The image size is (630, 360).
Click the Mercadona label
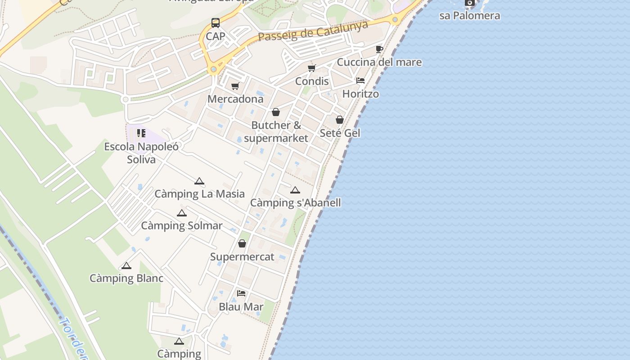click(235, 99)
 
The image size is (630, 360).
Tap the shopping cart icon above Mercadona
click(235, 85)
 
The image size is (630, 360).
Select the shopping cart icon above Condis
click(311, 68)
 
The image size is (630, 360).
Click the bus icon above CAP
click(216, 22)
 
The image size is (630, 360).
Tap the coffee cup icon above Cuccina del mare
click(379, 49)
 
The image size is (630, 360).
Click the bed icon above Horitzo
click(360, 81)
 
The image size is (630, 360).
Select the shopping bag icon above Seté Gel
click(340, 120)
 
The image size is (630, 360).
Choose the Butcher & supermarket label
click(276, 131)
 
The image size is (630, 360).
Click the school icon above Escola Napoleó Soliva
click(141, 133)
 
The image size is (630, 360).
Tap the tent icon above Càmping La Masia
click(199, 181)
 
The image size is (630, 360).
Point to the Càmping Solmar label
click(182, 225)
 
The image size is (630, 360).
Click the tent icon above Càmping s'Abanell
click(295, 190)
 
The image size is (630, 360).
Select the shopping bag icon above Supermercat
click(242, 243)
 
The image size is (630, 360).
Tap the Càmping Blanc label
click(126, 279)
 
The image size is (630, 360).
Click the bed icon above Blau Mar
click(241, 293)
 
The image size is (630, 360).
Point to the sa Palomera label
click(469, 16)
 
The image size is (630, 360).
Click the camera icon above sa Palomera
click(469, 3)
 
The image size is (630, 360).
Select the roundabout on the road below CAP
click(213, 69)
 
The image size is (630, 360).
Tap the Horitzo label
click(360, 94)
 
